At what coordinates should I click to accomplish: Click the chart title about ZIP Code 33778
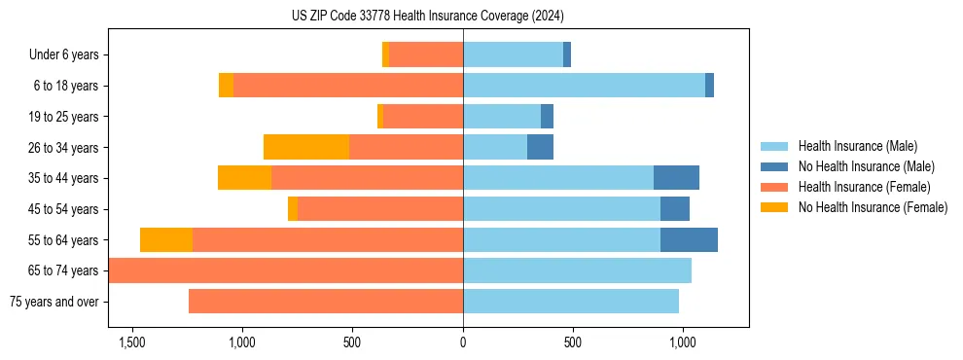pyautogui.click(x=428, y=17)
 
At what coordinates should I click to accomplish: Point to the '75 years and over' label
pyautogui.click(x=54, y=302)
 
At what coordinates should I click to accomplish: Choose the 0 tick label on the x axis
pyautogui.click(x=463, y=342)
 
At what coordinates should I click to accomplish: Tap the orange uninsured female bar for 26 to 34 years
pyautogui.click(x=306, y=147)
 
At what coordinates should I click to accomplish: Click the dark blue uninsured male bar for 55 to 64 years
pyautogui.click(x=689, y=239)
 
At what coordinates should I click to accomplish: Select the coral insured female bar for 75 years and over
pyautogui.click(x=326, y=302)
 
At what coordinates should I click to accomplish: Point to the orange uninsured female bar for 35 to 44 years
pyautogui.click(x=244, y=178)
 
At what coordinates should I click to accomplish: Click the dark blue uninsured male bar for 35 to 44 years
pyautogui.click(x=676, y=178)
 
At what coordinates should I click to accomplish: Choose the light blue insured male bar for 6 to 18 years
pyautogui.click(x=584, y=86)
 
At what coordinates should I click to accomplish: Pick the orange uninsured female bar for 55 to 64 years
pyautogui.click(x=166, y=239)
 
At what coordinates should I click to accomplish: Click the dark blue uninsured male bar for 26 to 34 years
pyautogui.click(x=540, y=147)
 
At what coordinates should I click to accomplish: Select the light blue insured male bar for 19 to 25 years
pyautogui.click(x=502, y=117)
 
